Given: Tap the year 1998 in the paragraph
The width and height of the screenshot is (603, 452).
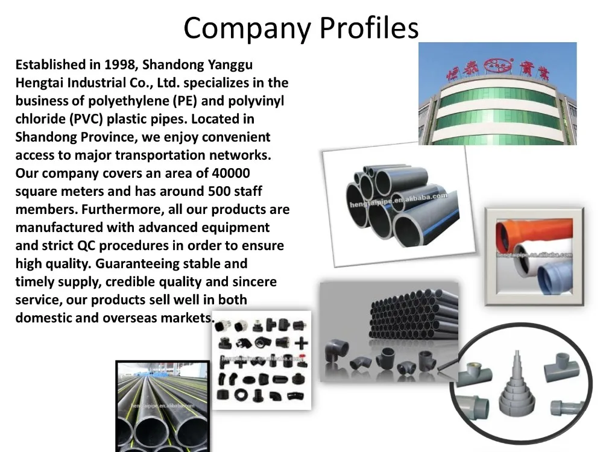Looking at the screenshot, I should tap(121, 64).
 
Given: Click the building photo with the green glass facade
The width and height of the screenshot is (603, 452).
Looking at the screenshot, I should tap(497, 93).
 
